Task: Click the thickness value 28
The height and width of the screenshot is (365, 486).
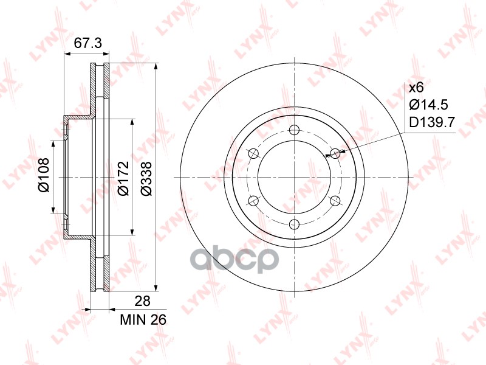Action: tap(142, 301)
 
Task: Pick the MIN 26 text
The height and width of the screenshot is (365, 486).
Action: tap(143, 319)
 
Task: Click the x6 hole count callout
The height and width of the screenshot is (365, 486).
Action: tap(416, 87)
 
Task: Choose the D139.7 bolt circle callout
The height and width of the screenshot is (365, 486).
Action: tap(432, 123)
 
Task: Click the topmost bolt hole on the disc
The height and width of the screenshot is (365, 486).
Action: tap(294, 130)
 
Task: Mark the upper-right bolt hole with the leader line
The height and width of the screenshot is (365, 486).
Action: tap(335, 153)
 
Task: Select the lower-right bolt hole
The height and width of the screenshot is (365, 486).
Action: tap(335, 201)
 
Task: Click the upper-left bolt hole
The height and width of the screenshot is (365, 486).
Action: tap(253, 153)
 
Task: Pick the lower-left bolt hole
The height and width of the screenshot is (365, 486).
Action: tap(253, 201)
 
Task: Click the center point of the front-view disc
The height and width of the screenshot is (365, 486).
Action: tap(294, 177)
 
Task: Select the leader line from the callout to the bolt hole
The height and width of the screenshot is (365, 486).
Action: tap(371, 144)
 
